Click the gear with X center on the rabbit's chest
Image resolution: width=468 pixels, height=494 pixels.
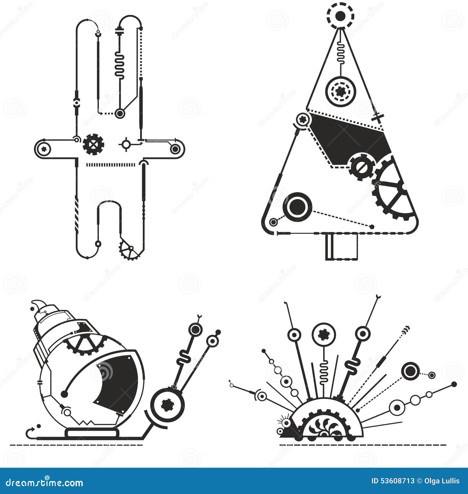click(94, 144)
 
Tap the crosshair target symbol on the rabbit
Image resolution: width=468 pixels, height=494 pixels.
click(126, 144)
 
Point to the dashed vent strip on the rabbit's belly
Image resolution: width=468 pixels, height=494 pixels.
click(111, 165)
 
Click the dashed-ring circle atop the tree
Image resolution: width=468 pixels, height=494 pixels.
click(340, 16)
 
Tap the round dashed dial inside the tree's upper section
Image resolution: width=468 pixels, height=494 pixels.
click(340, 92)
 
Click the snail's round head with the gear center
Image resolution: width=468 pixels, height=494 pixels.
click(167, 405)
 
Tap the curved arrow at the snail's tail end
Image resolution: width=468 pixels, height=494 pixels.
click(31, 431)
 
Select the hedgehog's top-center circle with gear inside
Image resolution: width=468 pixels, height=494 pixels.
click(324, 334)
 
